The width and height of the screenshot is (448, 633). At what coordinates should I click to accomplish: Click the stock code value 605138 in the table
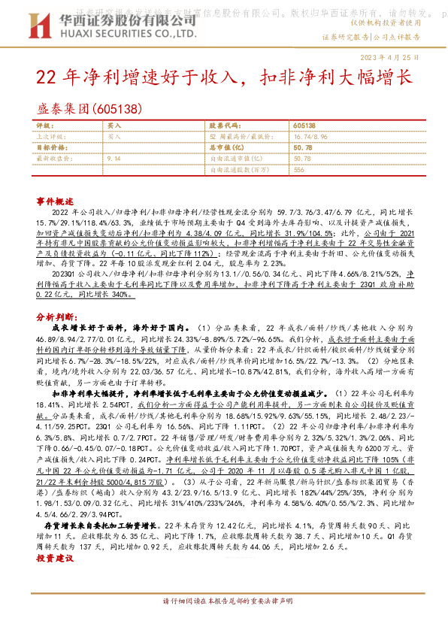tap(304, 127)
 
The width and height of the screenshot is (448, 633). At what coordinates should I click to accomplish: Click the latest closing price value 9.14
tap(114, 159)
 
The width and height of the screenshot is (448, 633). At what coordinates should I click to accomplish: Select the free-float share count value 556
tap(298, 169)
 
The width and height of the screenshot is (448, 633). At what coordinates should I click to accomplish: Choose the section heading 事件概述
tap(56, 202)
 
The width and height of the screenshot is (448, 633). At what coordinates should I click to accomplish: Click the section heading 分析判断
tap(56, 297)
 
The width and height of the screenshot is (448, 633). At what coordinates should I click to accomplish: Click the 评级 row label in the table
tap(45, 127)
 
